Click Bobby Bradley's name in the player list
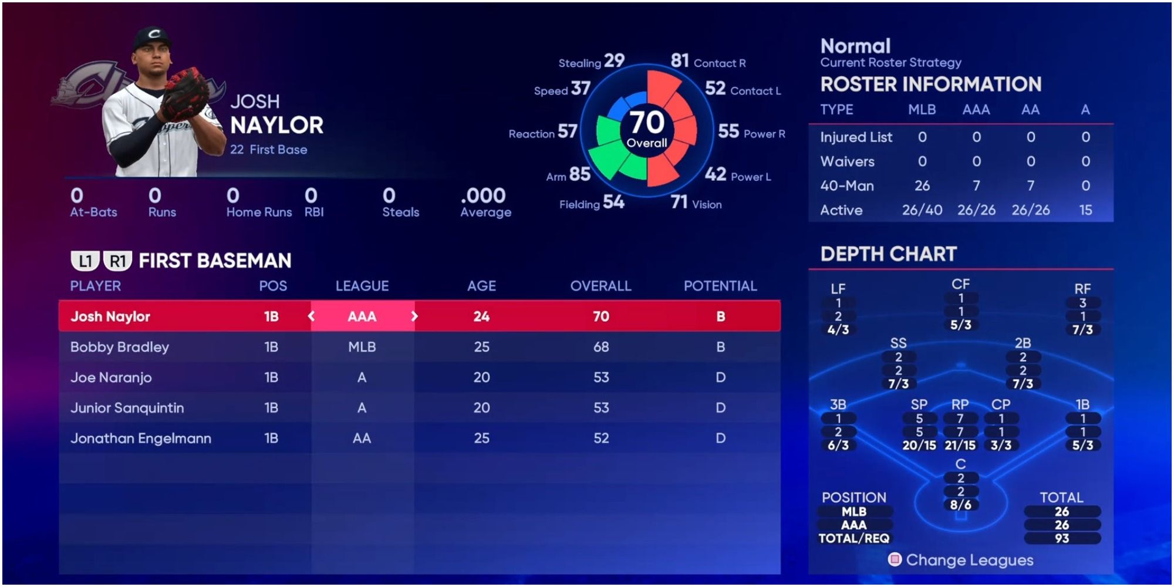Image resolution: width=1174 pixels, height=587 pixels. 120,347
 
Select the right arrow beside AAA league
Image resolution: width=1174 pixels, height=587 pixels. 414,316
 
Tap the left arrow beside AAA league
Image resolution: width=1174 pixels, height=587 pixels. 311,316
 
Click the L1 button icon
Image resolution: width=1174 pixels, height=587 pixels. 85,261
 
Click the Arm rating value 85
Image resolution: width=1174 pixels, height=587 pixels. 579,174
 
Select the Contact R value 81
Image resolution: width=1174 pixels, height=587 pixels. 680,60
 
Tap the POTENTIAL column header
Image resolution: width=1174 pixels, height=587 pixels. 720,286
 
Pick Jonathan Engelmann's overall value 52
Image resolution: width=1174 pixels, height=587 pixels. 601,438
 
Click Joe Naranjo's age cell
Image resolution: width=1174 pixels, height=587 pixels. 481,377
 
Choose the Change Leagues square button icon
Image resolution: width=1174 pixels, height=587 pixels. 895,559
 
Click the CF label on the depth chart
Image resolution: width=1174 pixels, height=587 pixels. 960,284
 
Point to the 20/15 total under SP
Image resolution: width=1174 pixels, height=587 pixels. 919,446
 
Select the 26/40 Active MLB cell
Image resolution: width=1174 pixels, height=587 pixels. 922,210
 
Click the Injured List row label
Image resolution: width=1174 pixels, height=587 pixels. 856,137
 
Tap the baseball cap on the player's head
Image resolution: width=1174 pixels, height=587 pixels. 151,38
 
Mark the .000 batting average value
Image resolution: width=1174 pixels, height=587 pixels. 483,195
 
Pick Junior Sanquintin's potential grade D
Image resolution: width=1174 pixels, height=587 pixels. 720,408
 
